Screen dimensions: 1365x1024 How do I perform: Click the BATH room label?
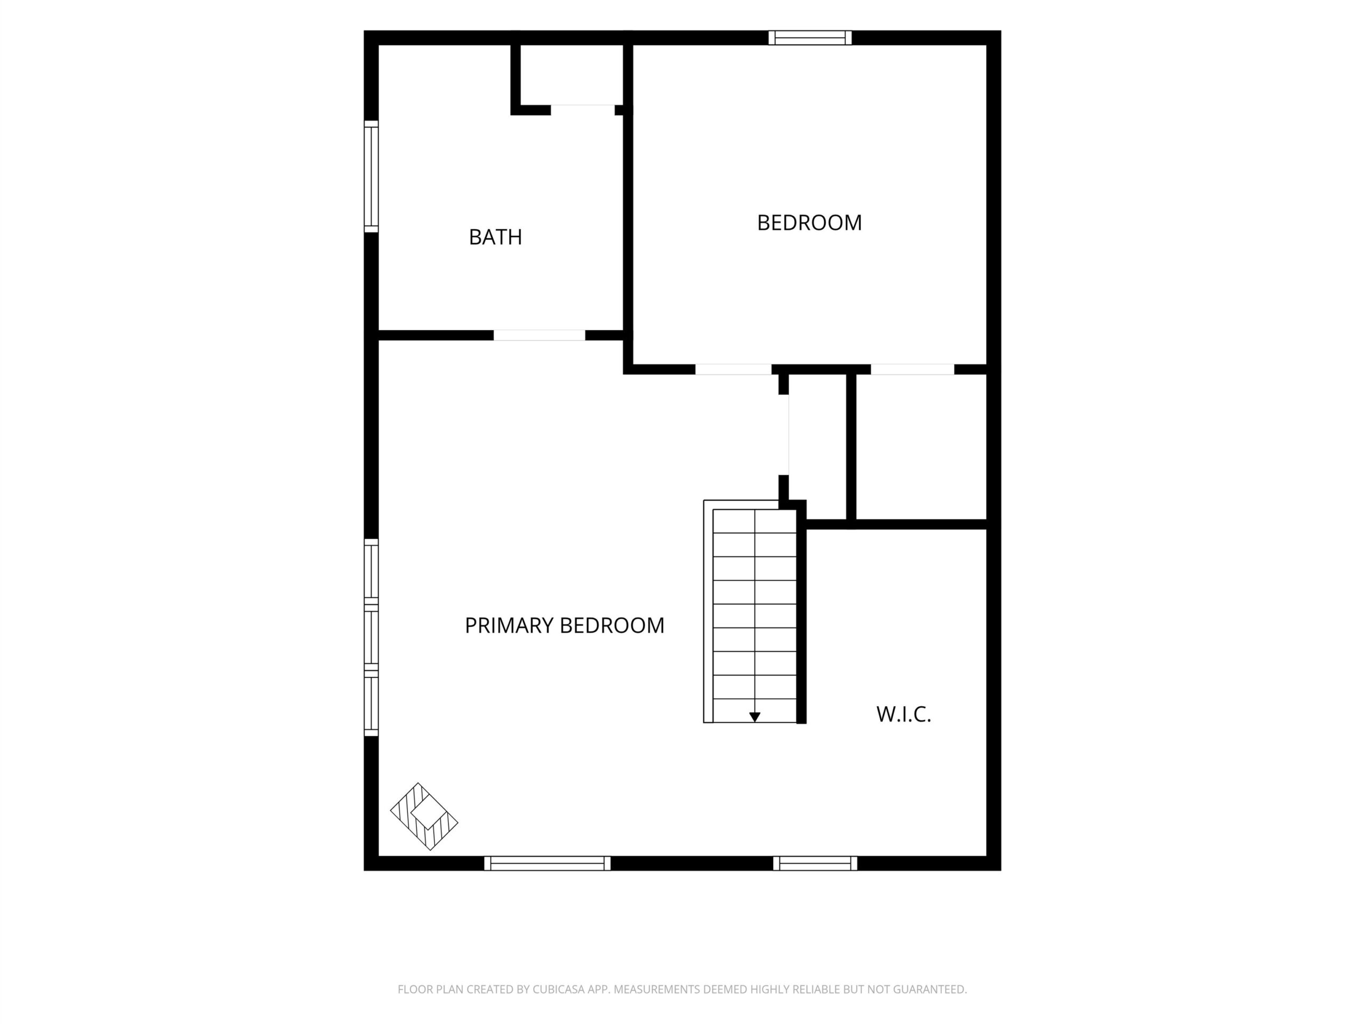[495, 237]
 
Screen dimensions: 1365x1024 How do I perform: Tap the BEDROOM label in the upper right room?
[809, 223]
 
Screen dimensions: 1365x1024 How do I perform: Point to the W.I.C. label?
[903, 714]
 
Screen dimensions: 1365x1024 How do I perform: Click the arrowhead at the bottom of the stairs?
[754, 717]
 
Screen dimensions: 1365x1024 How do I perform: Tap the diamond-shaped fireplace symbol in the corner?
[424, 817]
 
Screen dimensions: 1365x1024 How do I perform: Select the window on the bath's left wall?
[371, 177]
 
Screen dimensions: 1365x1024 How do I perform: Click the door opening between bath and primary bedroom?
[540, 335]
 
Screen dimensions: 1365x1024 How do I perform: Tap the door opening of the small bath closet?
[583, 110]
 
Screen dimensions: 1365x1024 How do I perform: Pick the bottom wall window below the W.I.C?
[815, 863]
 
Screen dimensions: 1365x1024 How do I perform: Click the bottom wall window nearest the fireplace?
[548, 863]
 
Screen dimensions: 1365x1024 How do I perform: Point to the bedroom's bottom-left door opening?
[733, 369]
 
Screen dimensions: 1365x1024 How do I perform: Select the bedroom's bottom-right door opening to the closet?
[912, 369]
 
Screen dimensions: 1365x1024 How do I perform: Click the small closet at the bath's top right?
[572, 75]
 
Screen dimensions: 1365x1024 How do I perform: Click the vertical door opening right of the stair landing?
[784, 435]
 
